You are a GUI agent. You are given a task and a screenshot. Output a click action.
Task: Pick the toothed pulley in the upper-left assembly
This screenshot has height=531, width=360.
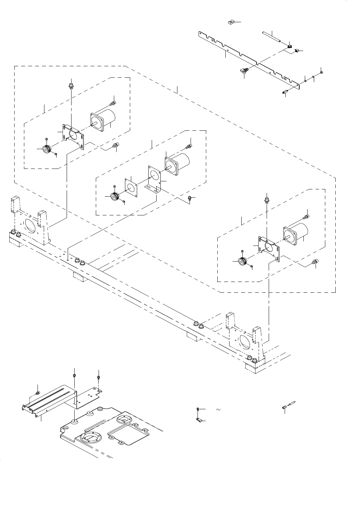pos(46,149)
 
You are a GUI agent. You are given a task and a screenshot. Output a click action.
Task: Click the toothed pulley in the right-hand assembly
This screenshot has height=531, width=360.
pos(242,261)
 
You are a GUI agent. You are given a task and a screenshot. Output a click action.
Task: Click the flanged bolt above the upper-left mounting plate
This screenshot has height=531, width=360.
pos(71,85)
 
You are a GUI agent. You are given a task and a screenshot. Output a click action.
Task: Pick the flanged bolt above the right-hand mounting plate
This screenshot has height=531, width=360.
pos(267,200)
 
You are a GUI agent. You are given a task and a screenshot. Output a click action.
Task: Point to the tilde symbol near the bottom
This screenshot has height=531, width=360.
pos(218,410)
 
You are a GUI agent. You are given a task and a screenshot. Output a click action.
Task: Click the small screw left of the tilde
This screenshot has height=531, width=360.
pos(198,409)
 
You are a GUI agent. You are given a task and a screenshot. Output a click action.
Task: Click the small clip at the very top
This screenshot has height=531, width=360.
pos(232,23)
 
